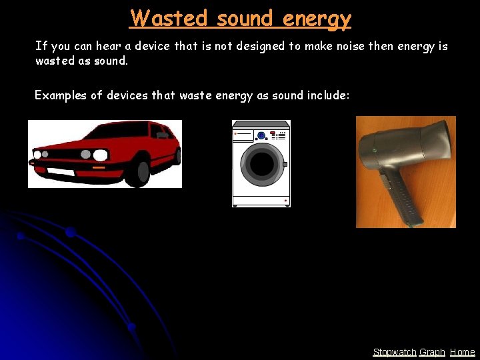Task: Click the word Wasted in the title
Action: tap(169, 18)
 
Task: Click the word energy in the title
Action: tap(316, 18)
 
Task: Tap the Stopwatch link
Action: tap(394, 352)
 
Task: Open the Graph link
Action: tap(432, 352)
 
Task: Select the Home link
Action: tap(463, 352)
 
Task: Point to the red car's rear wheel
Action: tap(177, 156)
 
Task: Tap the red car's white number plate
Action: tap(61, 171)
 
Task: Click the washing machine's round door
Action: tap(261, 164)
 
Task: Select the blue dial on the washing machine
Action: tap(261, 135)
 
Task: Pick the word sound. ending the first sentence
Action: tap(111, 61)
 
